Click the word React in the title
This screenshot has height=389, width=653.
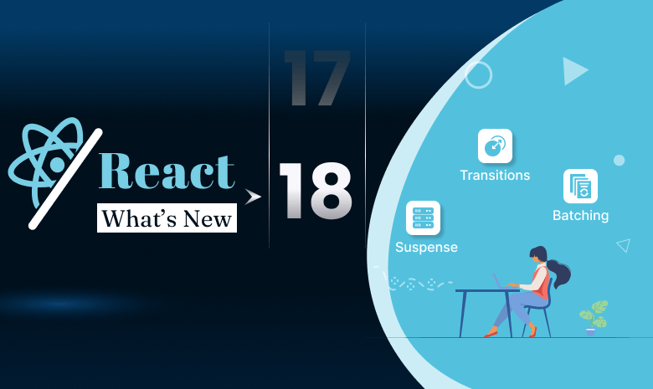pyautogui.click(x=167, y=171)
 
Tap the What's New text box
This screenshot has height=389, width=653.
pyautogui.click(x=167, y=218)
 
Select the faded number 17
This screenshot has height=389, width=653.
pyautogui.click(x=316, y=78)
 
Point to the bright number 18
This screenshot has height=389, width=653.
pyautogui.click(x=315, y=192)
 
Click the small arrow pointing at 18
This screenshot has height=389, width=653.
pyautogui.click(x=252, y=197)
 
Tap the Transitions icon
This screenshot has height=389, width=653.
pyautogui.click(x=495, y=146)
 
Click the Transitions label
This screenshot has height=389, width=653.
pyautogui.click(x=495, y=176)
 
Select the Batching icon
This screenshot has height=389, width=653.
pyautogui.click(x=580, y=186)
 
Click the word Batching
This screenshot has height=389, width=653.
pyautogui.click(x=580, y=216)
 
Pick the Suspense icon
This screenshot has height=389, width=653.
pyautogui.click(x=423, y=218)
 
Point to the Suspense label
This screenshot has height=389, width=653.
pyautogui.click(x=426, y=248)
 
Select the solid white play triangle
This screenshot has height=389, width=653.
pyautogui.click(x=573, y=71)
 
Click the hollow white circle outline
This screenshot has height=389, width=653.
pyautogui.click(x=478, y=75)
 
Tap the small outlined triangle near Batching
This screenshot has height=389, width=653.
pyautogui.click(x=623, y=245)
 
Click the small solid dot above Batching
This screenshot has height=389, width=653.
pyautogui.click(x=619, y=160)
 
